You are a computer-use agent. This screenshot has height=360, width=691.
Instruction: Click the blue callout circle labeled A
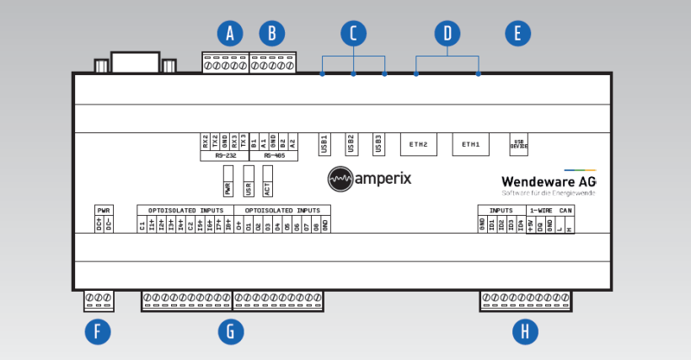tap(229, 34)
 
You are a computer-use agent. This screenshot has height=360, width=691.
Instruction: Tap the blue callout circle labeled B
tap(271, 34)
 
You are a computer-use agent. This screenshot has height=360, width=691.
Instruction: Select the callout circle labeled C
tap(354, 34)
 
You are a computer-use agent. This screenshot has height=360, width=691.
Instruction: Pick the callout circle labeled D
tap(447, 34)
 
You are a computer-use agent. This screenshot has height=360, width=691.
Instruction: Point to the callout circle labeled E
tap(517, 34)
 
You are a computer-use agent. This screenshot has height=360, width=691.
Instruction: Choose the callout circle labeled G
tap(230, 331)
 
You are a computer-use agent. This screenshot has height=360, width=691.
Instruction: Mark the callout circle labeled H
tap(525, 331)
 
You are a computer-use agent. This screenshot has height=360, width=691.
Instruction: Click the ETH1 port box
tap(470, 144)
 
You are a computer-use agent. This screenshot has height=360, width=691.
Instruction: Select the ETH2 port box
tap(419, 144)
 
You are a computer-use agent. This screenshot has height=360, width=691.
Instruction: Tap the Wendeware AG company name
tap(549, 181)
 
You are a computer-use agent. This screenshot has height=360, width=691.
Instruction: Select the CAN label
tap(565, 210)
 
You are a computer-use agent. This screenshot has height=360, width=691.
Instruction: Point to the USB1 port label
tap(324, 144)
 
